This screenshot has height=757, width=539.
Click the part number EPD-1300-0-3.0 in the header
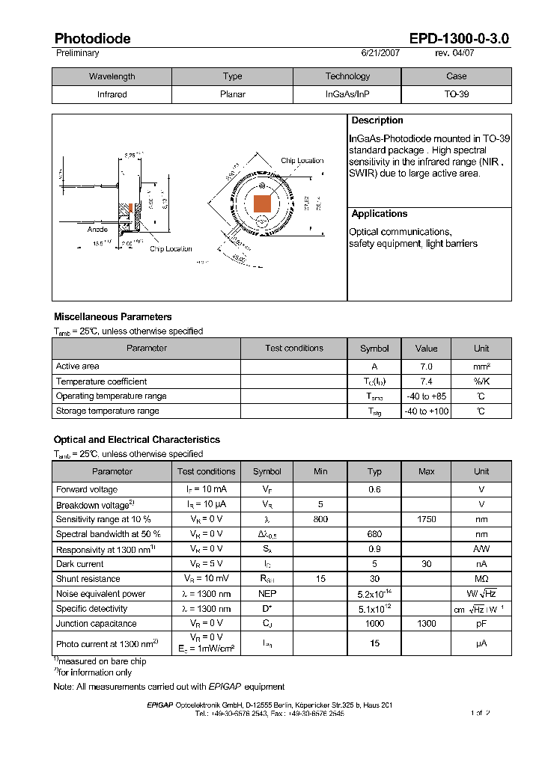click(x=459, y=39)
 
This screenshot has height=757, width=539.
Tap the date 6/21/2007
click(x=381, y=53)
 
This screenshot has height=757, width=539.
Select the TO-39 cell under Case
click(x=456, y=95)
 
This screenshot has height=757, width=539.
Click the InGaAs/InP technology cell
click(x=347, y=95)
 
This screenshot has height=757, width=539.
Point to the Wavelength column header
click(x=112, y=76)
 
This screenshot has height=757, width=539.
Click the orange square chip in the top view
click(x=262, y=203)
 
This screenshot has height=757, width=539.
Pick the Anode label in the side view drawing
click(x=97, y=230)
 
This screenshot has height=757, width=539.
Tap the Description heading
click(x=377, y=120)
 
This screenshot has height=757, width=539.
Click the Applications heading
click(x=380, y=214)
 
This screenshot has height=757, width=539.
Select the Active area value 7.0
click(x=426, y=367)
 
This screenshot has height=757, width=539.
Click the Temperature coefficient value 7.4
click(x=426, y=381)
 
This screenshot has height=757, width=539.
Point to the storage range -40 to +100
click(x=426, y=411)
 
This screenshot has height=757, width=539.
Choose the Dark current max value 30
click(x=426, y=564)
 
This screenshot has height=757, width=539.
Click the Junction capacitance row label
click(x=97, y=623)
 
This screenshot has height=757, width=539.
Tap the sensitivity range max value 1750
click(x=426, y=519)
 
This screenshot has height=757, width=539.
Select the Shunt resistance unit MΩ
click(x=481, y=578)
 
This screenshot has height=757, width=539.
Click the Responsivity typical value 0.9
click(x=375, y=549)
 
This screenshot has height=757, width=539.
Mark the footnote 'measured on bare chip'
click(x=103, y=661)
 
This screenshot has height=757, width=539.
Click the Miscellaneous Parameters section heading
click(x=113, y=317)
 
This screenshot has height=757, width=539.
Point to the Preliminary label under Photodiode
click(x=78, y=53)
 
